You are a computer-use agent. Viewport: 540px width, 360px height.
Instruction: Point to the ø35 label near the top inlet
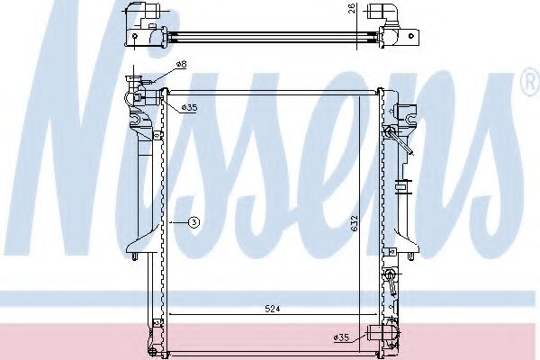tap(189, 108)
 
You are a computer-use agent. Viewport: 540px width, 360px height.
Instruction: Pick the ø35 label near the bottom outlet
tap(341, 337)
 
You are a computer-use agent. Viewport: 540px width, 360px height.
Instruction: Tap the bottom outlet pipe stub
tap(374, 337)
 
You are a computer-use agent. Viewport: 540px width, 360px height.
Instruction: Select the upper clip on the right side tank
tap(392, 140)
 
